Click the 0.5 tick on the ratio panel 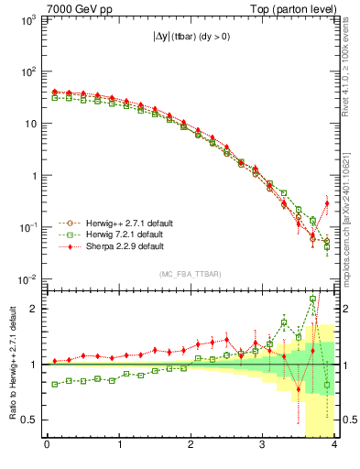pos(30,420)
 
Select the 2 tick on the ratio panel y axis pos(35,309)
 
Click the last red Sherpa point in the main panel pos(327,203)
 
